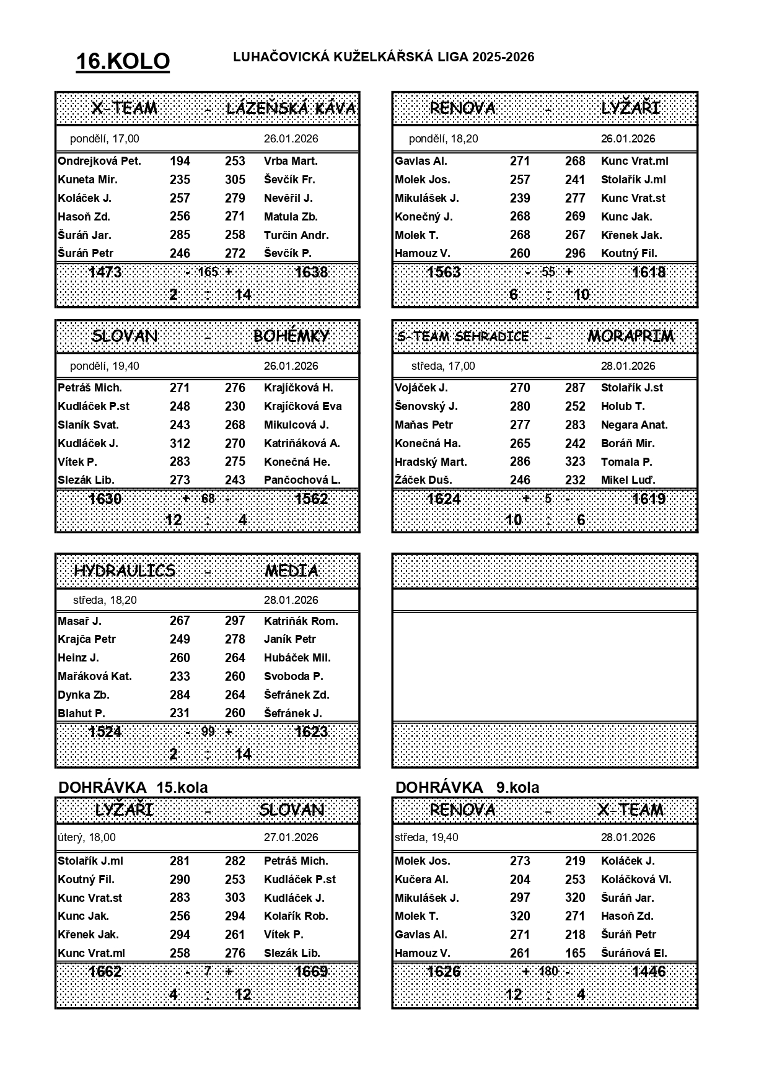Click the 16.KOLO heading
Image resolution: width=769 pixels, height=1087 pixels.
tap(123, 61)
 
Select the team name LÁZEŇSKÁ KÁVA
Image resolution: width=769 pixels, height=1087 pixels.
tap(291, 109)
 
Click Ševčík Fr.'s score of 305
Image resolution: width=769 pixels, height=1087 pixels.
tap(235, 180)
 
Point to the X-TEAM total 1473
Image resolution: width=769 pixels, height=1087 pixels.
tap(105, 272)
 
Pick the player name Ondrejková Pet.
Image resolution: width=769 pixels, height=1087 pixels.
tap(99, 161)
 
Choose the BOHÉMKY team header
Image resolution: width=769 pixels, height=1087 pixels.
tap(291, 336)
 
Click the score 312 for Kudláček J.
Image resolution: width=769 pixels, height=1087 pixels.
tap(180, 443)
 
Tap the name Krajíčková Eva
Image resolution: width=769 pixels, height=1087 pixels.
tap(302, 406)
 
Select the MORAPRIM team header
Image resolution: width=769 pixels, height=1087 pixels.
tap(630, 336)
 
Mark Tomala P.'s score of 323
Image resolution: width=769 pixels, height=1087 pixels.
tap(575, 462)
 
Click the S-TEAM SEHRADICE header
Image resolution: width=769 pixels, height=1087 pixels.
tap(464, 337)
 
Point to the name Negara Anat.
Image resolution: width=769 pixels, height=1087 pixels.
tap(634, 425)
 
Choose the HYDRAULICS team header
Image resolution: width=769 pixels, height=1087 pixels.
tap(125, 570)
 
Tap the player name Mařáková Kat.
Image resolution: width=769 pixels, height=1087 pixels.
tap(95, 676)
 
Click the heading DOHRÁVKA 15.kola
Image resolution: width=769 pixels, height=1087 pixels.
tap(133, 788)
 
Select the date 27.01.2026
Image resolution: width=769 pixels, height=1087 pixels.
tap(291, 837)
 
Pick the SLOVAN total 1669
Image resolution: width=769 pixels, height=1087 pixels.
tap(311, 971)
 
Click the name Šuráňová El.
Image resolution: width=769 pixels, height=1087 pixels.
tap(634, 953)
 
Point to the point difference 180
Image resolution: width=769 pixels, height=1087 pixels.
tap(548, 971)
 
